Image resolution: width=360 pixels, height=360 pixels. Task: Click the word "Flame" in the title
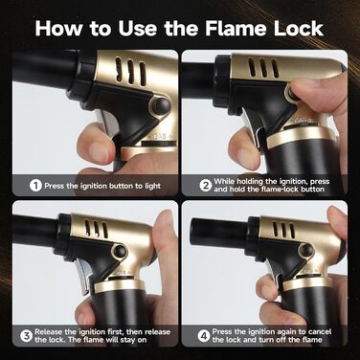tap(236, 28)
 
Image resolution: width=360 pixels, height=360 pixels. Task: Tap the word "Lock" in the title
tap(299, 28)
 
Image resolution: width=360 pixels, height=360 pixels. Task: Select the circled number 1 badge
tap(35, 186)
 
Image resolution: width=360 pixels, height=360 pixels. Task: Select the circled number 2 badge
tap(206, 186)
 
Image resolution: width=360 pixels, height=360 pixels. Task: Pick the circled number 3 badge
tap(27, 335)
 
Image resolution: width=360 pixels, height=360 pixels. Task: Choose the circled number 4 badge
tap(203, 335)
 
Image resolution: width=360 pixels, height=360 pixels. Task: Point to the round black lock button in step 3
tap(121, 251)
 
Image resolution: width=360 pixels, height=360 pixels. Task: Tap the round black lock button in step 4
tap(307, 249)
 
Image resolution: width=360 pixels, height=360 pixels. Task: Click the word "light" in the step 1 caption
tap(153, 186)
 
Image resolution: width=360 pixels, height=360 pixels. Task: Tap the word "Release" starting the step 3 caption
tap(50, 331)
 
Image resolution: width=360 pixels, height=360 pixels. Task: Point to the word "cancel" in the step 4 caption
tap(317, 331)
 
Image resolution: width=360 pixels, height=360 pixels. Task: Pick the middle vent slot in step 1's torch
tap(131, 72)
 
